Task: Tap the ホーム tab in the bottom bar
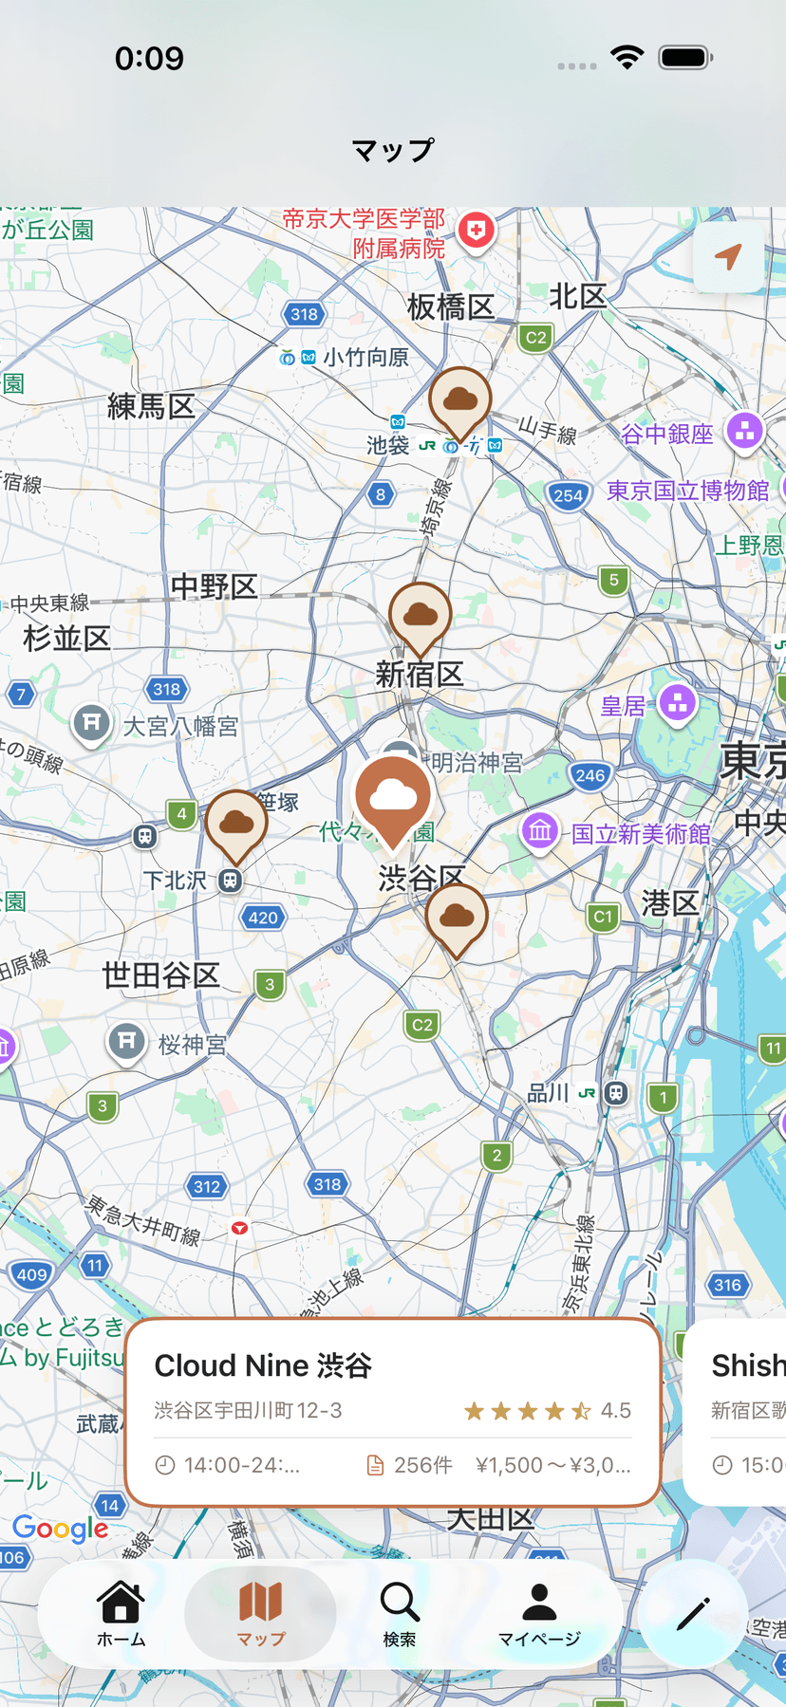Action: pyautogui.click(x=121, y=1613)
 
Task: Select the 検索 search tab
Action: pyautogui.click(x=400, y=1613)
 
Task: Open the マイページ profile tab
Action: pyautogui.click(x=539, y=1613)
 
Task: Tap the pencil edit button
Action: pyautogui.click(x=693, y=1613)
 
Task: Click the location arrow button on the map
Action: pyautogui.click(x=728, y=256)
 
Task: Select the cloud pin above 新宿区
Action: pyautogui.click(x=420, y=616)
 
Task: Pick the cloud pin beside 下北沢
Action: pyautogui.click(x=236, y=823)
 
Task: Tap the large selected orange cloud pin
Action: pyautogui.click(x=393, y=796)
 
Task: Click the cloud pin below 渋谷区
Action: pyautogui.click(x=457, y=917)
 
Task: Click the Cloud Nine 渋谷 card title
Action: pyautogui.click(x=263, y=1365)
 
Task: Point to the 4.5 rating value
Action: pyautogui.click(x=615, y=1411)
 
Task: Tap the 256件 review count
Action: pyautogui.click(x=422, y=1466)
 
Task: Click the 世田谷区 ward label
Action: pyautogui.click(x=161, y=974)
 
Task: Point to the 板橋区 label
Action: pyautogui.click(x=451, y=306)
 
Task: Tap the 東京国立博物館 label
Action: pyautogui.click(x=688, y=491)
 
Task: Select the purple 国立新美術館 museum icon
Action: pyautogui.click(x=540, y=831)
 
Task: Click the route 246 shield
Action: pyautogui.click(x=589, y=775)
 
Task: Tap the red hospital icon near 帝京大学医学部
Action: pyautogui.click(x=477, y=231)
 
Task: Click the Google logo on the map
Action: pyautogui.click(x=61, y=1529)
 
